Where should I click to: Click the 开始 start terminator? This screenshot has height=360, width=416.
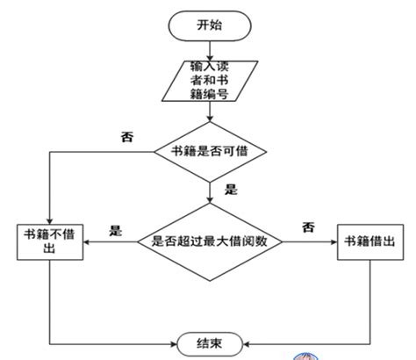click(x=210, y=25)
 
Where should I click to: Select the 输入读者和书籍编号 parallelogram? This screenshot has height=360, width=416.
click(x=210, y=80)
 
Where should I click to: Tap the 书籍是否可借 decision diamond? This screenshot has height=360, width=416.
click(x=210, y=150)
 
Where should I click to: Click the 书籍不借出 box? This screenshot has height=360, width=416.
click(x=51, y=241)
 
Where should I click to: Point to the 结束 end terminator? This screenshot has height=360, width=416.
click(x=210, y=343)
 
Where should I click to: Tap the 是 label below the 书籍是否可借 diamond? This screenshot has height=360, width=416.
click(x=232, y=189)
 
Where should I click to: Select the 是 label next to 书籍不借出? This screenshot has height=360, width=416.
click(x=115, y=231)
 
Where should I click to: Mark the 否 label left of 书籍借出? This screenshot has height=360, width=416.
click(x=308, y=227)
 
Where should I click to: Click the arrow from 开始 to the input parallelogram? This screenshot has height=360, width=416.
click(x=210, y=48)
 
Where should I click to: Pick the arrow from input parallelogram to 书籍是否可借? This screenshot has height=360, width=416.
click(x=210, y=112)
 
